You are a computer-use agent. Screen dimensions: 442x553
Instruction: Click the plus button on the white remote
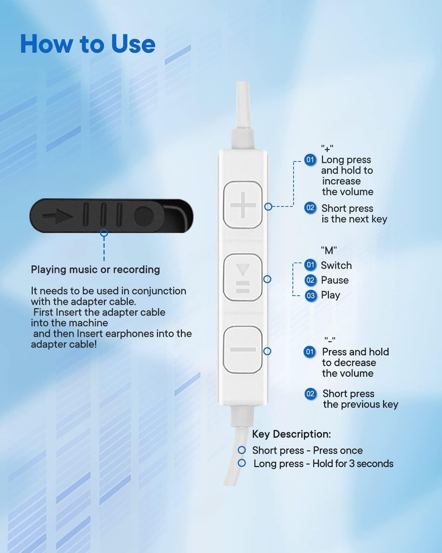pos(242,205)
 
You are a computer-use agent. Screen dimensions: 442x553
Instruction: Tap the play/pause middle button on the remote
pos(242,277)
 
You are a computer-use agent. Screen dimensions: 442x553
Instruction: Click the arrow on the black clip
pos(58,216)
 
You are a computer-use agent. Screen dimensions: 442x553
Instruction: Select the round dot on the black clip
pos(144,216)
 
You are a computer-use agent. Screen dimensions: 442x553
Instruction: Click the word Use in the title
pos(133,44)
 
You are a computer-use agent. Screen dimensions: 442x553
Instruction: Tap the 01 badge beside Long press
pos(310,160)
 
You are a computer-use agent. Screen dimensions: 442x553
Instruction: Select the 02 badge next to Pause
pos(310,280)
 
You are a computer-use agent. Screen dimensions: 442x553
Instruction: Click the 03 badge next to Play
pos(311,296)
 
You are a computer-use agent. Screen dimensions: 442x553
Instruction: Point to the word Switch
pos(336,265)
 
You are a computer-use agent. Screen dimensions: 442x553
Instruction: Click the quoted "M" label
pos(329,250)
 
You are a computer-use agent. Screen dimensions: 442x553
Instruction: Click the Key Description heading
pos(291,434)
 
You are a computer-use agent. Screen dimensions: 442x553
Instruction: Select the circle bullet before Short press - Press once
pos(242,450)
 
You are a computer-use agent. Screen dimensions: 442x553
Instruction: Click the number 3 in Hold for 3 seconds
pos(352,463)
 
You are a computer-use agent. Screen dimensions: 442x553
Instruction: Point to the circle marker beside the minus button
pos(267,351)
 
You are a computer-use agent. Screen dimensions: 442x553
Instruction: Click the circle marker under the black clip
pos(104,233)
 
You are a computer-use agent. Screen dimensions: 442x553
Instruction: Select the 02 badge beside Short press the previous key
pos(310,394)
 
